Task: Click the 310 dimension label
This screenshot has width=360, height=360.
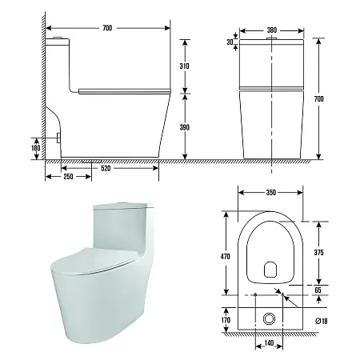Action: click(x=184, y=66)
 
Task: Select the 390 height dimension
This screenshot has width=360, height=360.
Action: click(x=184, y=127)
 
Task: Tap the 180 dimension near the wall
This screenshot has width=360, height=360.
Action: click(x=36, y=148)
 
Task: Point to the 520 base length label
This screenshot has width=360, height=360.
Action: click(x=106, y=168)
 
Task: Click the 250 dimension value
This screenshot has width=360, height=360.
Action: click(x=68, y=176)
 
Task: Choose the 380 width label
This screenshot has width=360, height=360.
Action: click(x=272, y=30)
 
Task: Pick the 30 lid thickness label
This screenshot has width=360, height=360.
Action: click(x=230, y=42)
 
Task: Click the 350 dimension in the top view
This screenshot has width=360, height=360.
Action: click(x=270, y=192)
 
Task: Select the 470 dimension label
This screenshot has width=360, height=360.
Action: click(x=226, y=257)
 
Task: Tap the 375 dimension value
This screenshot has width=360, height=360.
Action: click(x=318, y=252)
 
